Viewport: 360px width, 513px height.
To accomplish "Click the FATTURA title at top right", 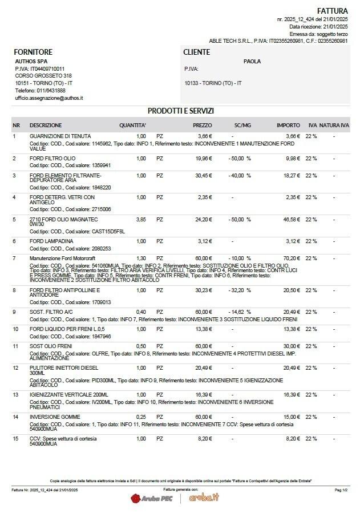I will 332,10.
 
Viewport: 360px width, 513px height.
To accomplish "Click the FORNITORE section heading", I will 33,52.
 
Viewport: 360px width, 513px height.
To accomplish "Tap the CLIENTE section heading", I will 196,52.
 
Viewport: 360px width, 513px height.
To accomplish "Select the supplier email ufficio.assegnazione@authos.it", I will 49,98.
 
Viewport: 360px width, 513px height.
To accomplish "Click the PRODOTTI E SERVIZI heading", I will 180,111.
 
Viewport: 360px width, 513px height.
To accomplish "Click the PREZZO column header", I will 202,125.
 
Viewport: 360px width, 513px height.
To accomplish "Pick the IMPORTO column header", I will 288,125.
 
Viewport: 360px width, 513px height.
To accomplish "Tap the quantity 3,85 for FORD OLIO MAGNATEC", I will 141,219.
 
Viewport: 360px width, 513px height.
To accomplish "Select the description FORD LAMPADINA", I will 51,241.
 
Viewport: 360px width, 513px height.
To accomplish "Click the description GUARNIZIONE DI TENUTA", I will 60,136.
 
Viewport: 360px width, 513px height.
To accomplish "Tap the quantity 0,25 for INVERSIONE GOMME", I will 141,417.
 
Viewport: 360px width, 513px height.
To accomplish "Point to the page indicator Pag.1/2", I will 341,490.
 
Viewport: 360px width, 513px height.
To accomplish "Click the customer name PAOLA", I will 252,61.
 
